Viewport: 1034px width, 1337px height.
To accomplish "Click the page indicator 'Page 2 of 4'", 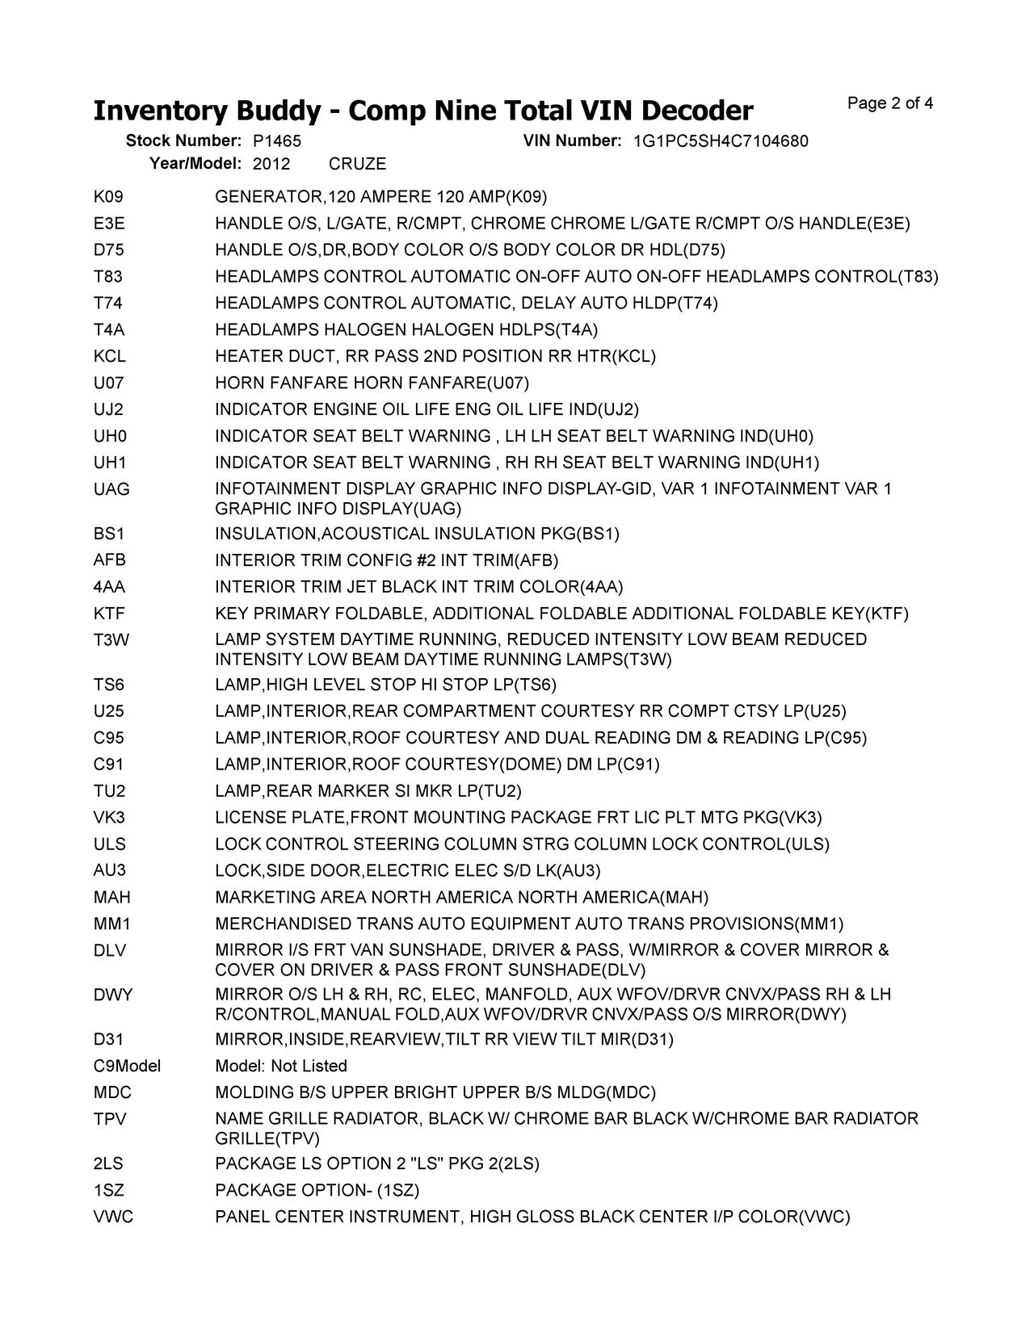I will [x=890, y=103].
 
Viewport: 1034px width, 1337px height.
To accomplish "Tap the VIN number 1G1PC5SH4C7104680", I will [x=721, y=141].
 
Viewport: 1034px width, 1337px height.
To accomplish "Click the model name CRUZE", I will [x=357, y=164].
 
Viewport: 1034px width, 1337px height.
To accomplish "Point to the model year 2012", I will [x=271, y=164].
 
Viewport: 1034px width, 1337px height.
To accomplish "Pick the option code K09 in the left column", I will [x=108, y=197].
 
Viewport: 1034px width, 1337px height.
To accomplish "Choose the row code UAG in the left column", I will [x=111, y=489].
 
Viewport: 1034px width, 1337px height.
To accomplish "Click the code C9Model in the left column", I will [x=127, y=1066].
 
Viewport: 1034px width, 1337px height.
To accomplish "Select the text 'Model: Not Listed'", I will [x=281, y=1066].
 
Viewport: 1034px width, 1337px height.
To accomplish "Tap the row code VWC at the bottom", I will [x=113, y=1217].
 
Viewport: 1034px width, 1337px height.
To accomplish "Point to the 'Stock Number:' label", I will [x=183, y=141].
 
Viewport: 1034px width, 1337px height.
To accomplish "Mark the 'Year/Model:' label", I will [x=195, y=164].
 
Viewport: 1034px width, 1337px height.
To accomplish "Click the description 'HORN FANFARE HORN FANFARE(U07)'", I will [x=372, y=383].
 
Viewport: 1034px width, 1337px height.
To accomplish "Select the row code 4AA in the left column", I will [x=109, y=587].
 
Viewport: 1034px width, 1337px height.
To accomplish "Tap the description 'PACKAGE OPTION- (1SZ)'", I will [x=317, y=1190].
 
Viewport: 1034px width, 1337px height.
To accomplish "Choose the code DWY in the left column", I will [x=113, y=995].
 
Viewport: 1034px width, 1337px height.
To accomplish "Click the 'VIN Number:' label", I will [x=572, y=141].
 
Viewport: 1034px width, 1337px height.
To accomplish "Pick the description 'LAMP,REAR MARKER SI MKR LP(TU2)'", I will [x=368, y=790].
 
